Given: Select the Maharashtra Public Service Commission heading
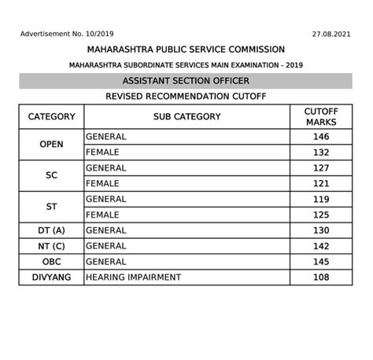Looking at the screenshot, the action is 186,50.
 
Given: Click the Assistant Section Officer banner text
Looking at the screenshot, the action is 186,81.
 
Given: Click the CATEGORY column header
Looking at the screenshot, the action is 51,116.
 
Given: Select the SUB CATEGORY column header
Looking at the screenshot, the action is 187,116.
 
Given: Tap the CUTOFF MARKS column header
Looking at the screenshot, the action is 321,116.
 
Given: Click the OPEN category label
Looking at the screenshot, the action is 51,144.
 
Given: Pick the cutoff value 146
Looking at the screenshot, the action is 321,137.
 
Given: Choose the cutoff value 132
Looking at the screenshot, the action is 321,152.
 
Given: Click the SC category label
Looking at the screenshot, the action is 51,176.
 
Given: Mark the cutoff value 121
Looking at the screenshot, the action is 321,183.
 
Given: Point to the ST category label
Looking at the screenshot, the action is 51,207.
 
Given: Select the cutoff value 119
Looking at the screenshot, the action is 321,199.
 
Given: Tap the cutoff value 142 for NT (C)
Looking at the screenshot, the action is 321,246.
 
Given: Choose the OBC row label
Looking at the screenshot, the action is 51,262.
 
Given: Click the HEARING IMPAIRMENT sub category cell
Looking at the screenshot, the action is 133,277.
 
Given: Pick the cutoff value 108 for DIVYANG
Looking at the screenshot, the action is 321,277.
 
